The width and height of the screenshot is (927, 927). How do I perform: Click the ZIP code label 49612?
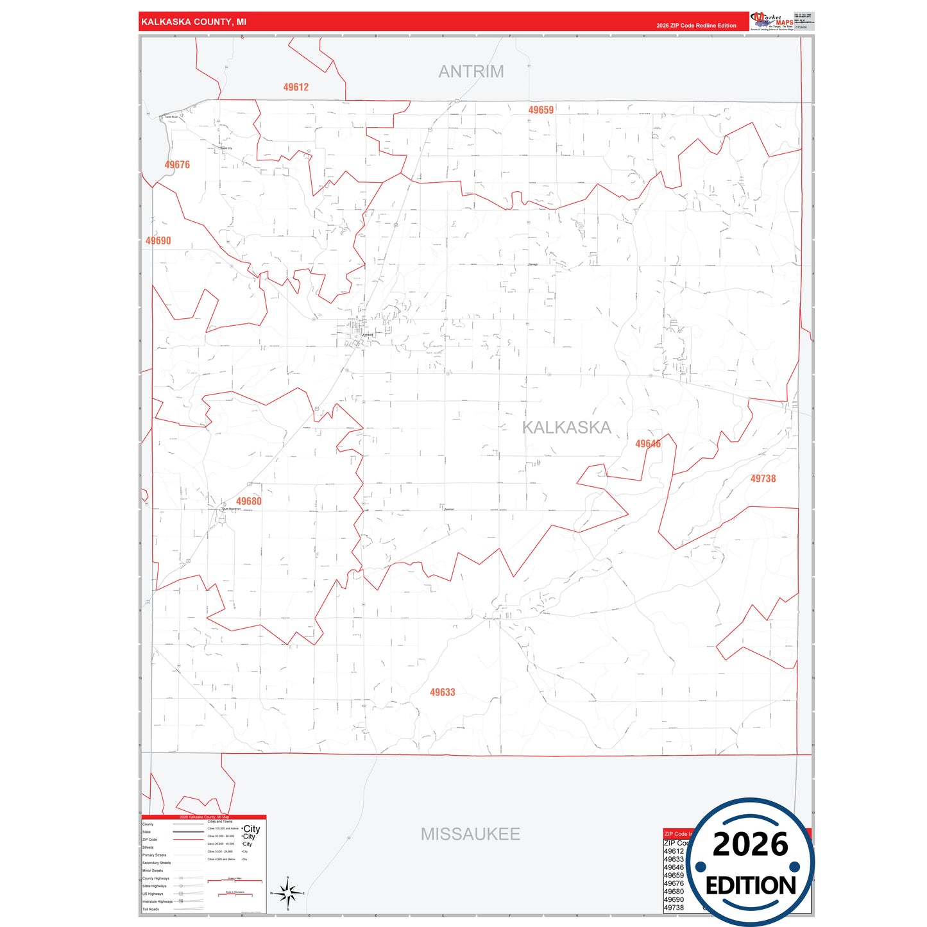[x=296, y=87]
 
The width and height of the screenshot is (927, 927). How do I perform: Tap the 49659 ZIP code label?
[x=541, y=110]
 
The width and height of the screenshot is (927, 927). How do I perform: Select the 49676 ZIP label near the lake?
[x=177, y=165]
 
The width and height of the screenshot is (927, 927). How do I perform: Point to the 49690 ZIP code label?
[x=158, y=241]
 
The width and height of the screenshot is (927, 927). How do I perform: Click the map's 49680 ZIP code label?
[x=249, y=502]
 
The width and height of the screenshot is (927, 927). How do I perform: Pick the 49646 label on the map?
[x=648, y=444]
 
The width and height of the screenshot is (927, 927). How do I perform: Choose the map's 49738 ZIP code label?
[x=763, y=479]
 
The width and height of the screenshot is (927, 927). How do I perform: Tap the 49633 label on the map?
[x=443, y=692]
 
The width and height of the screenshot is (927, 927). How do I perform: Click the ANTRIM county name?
[x=471, y=72]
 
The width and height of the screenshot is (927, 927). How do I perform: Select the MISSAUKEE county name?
[x=470, y=834]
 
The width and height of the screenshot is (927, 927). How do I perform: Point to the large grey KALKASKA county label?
[x=566, y=428]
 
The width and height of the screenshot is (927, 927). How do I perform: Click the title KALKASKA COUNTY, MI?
[x=194, y=22]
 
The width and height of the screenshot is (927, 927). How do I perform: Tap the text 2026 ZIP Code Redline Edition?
[x=696, y=26]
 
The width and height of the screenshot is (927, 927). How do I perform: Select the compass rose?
[x=287, y=892]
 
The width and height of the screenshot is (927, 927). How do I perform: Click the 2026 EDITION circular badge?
[x=751, y=862]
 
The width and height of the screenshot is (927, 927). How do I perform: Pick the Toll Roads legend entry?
[x=151, y=909]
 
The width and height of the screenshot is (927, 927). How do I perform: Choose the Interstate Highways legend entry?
[x=157, y=901]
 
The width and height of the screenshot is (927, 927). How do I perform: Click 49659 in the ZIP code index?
[x=674, y=875]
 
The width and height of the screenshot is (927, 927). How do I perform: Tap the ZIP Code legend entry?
[x=149, y=839]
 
